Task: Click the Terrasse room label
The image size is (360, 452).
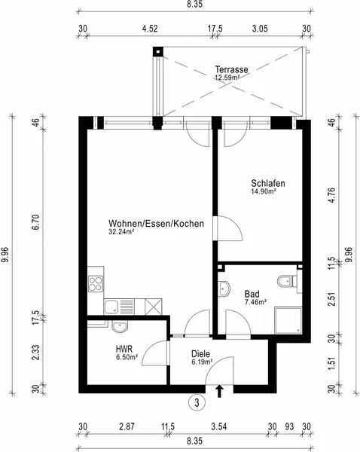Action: tap(231, 69)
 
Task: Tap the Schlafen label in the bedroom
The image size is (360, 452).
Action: tap(268, 183)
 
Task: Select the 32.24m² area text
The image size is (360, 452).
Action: tap(121, 231)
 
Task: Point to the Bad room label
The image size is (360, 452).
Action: tap(252, 294)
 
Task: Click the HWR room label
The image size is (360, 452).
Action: tap(124, 349)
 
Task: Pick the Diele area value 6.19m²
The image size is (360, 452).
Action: tap(202, 362)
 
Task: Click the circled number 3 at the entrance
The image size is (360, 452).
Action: tap(197, 403)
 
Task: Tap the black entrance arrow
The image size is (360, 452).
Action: tap(220, 391)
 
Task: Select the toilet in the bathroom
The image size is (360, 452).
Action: tap(287, 281)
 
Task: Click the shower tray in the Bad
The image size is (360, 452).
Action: tap(288, 321)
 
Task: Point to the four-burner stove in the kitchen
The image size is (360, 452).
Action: tap(96, 284)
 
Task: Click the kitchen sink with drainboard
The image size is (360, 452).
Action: tap(119, 307)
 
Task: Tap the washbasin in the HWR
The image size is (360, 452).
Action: tap(120, 327)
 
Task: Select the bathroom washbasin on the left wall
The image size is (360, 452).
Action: tap(224, 289)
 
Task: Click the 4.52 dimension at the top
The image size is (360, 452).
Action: tap(150, 29)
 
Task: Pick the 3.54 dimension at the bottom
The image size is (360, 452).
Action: tap(219, 426)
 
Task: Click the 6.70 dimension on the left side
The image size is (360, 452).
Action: tap(37, 222)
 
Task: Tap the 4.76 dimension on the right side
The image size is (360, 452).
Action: tap(332, 195)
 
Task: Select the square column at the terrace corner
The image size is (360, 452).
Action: tap(158, 52)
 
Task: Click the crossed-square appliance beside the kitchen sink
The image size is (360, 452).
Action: tap(154, 307)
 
